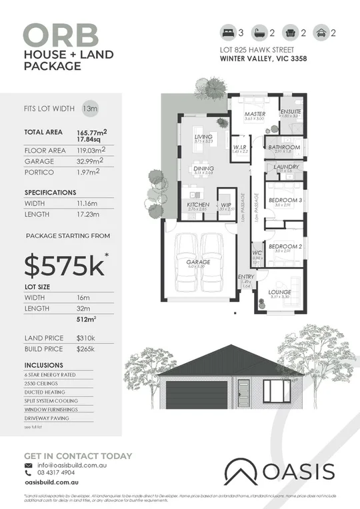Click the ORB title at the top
coord(61,34)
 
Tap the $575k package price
coord(65,264)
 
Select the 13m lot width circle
coord(88,107)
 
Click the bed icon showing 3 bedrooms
coord(227,32)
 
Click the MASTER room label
coord(255,114)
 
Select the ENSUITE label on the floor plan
coord(291,111)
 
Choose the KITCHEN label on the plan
coord(198,205)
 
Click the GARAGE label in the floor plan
coord(199,262)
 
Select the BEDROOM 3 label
coord(285,200)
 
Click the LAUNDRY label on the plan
coord(285,167)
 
